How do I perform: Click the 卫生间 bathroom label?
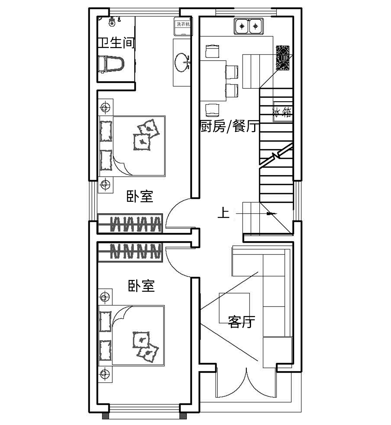pos(116,43)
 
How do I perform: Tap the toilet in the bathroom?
pos(111,64)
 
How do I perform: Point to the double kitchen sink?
pos(249,27)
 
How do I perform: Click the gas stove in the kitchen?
pos(283,58)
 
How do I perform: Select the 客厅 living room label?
pos(241,322)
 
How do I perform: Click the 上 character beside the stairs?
pos(223,213)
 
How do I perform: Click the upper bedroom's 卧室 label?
pos(139,196)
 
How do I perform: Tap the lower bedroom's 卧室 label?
pos(142,286)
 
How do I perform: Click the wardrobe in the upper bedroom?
pos(130,224)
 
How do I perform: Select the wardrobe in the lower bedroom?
pos(130,252)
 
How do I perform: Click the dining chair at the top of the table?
pos(212,52)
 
